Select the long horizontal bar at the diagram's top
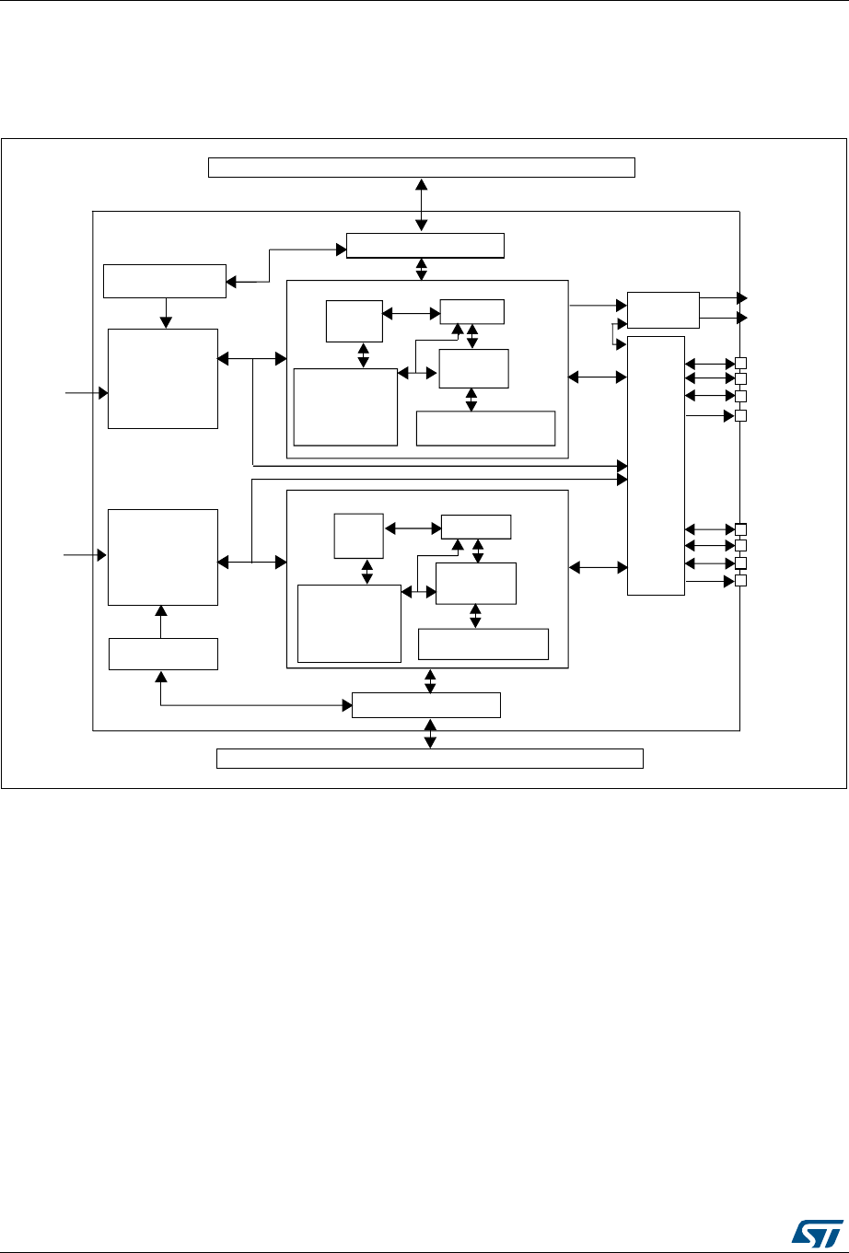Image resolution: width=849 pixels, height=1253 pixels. [422, 167]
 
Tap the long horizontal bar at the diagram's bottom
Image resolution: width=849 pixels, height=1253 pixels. [429, 759]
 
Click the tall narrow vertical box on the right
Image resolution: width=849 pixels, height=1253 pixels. [656, 465]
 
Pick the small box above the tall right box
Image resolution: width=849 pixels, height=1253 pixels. [663, 309]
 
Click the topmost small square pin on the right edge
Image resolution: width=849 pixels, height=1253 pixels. [740, 362]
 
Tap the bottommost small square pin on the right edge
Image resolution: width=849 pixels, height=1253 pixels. [740, 581]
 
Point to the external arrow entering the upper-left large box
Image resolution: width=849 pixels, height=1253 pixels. [84, 392]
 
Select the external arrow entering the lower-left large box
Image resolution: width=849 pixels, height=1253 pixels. [84, 555]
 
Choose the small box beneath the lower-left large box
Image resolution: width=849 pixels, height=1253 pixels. [163, 654]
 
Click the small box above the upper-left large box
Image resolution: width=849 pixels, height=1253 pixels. [164, 281]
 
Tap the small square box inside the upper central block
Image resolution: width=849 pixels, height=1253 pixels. [354, 319]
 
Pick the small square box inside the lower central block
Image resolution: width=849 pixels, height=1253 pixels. [358, 536]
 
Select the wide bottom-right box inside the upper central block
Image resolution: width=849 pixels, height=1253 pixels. [486, 428]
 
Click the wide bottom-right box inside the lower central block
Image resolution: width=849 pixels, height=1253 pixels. [483, 644]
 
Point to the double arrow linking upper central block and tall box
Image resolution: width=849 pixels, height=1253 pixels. [598, 376]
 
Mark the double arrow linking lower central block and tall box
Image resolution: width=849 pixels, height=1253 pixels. [598, 568]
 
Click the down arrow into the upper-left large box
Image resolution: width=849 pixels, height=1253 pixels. [166, 313]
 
